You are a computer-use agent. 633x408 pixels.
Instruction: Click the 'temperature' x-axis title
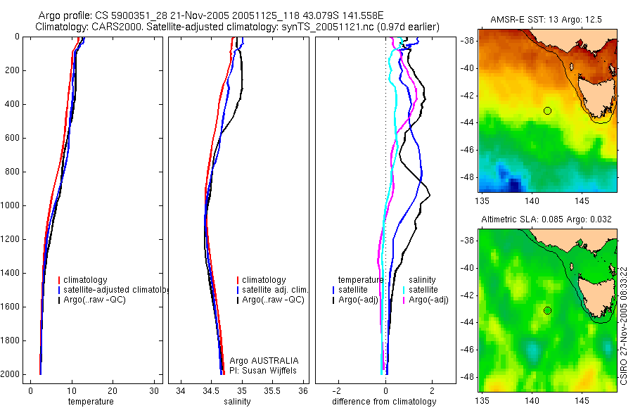91,402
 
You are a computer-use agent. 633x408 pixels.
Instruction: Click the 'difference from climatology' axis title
384,402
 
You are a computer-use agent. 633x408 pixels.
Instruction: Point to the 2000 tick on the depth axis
10,374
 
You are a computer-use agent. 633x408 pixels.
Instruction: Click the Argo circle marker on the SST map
547,110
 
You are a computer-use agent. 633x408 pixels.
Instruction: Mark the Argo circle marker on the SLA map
547,310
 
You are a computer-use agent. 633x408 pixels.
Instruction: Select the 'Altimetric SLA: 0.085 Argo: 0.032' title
546,219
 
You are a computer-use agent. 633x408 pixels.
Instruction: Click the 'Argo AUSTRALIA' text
260,360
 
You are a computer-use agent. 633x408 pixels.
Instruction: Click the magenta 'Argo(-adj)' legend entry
428,300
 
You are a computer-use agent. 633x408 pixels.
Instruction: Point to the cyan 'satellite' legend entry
423,290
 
